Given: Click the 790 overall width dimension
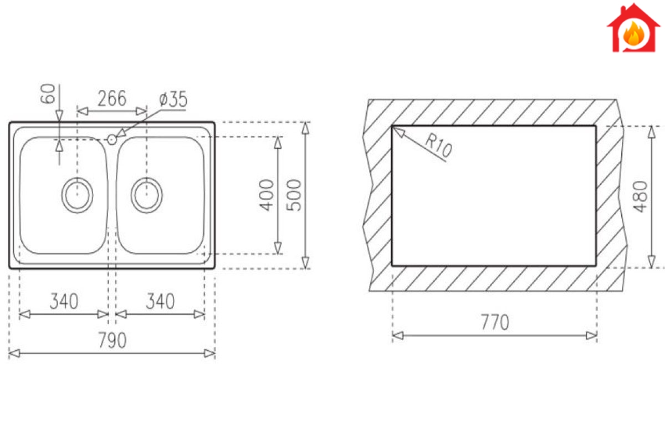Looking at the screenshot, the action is (112, 340).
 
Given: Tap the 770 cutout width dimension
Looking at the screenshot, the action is (495, 322).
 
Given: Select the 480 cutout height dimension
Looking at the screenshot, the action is (640, 197).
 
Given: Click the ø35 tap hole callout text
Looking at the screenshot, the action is (173, 99).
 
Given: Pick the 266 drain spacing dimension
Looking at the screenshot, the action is (112, 98).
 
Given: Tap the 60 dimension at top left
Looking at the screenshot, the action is (48, 94).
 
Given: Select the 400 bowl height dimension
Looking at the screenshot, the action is (267, 195).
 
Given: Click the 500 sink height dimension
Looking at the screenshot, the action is (294, 195).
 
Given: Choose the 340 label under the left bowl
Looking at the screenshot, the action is (64, 301).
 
